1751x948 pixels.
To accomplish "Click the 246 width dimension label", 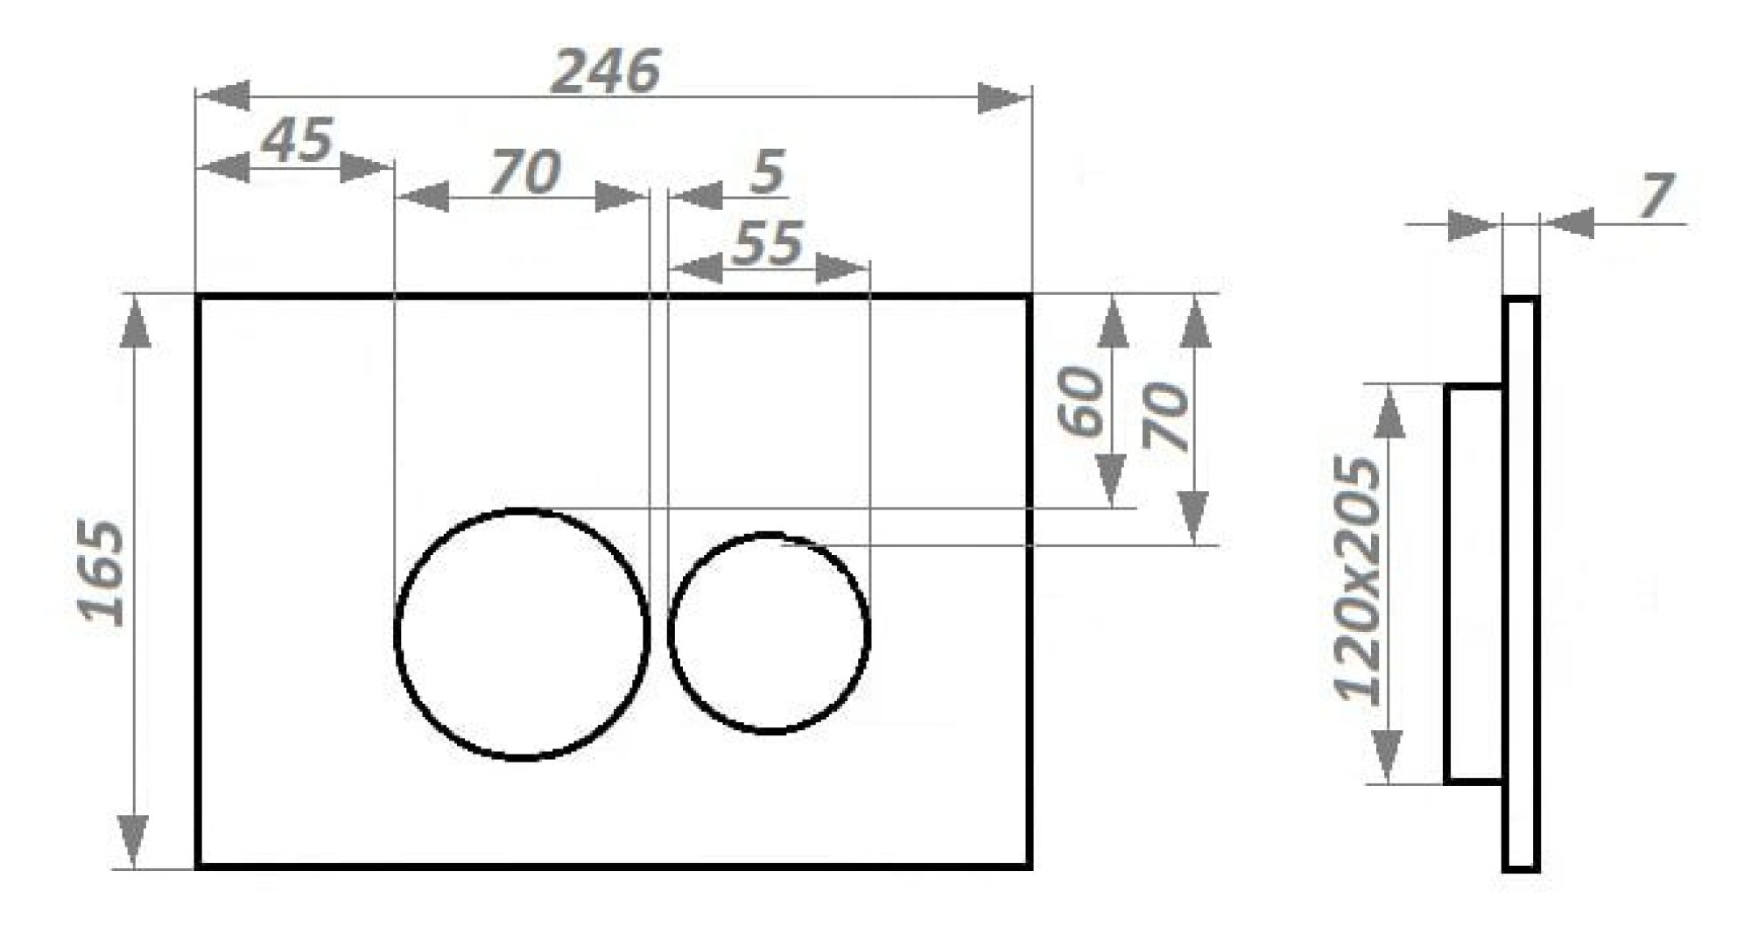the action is (605, 71).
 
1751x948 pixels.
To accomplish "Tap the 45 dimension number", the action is (299, 139).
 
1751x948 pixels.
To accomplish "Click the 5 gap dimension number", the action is (768, 172).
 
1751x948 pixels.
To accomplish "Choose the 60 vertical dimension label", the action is (1082, 402).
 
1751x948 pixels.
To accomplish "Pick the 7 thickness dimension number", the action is (1656, 195).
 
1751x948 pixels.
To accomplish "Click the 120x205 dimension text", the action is (1359, 580).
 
